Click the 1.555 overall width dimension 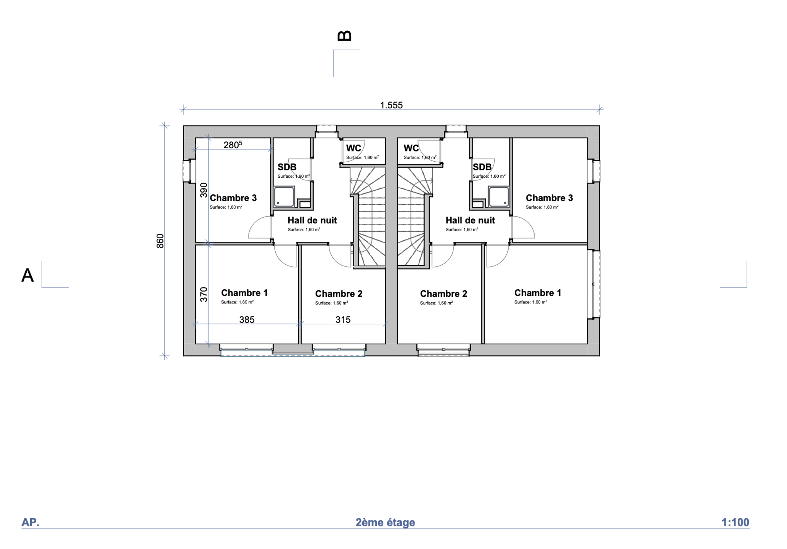(391, 105)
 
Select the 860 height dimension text (160, 241)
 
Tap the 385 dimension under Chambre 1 (247, 320)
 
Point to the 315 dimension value (343, 320)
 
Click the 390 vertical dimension (204, 190)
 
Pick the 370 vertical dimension (204, 294)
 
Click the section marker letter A (27, 275)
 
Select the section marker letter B (344, 36)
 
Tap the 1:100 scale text (735, 522)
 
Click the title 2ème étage (385, 522)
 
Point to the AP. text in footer (31, 522)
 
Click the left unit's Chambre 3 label (233, 198)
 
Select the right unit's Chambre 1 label (538, 293)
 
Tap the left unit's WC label (353, 148)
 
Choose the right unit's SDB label (482, 167)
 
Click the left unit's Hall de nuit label (312, 220)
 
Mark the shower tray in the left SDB (284, 197)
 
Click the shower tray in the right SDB (499, 197)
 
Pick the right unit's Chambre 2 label (443, 294)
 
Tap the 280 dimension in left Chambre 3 (233, 144)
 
